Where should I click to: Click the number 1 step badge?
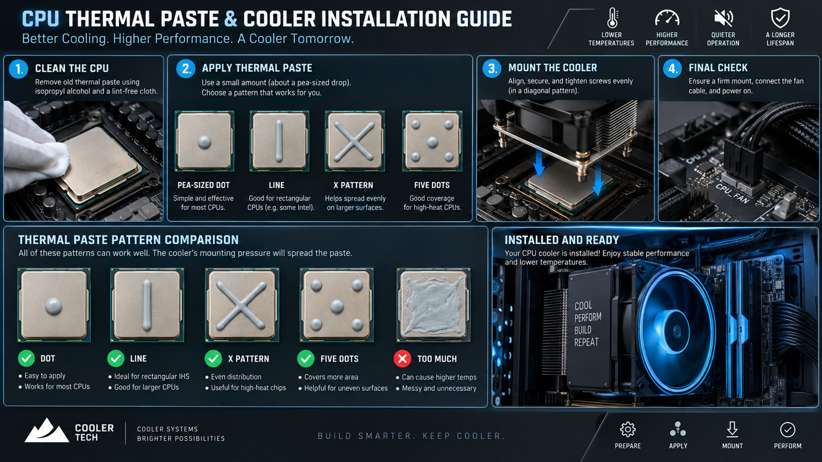19,69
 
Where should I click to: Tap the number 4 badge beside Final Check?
672,68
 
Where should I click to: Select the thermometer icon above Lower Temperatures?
612,18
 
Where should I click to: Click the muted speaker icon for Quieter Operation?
723,18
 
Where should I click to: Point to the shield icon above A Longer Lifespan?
780,18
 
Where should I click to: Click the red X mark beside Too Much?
402,359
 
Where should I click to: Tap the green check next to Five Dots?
306,359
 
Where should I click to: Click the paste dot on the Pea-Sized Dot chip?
204,141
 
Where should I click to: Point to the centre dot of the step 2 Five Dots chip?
432,141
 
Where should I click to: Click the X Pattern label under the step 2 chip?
353,185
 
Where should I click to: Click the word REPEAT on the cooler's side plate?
586,342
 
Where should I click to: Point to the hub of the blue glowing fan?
677,331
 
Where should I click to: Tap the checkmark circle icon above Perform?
788,430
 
